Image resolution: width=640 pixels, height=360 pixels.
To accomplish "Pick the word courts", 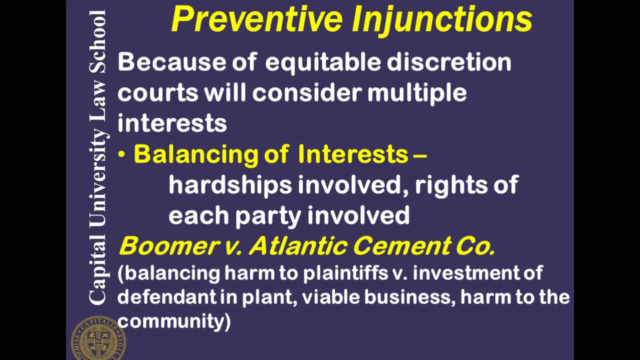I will pos(158,93).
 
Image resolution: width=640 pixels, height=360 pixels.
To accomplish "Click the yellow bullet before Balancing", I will pos(121,155).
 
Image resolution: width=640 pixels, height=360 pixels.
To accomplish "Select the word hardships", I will pos(230,185).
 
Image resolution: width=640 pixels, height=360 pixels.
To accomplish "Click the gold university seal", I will pos(97,338).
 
